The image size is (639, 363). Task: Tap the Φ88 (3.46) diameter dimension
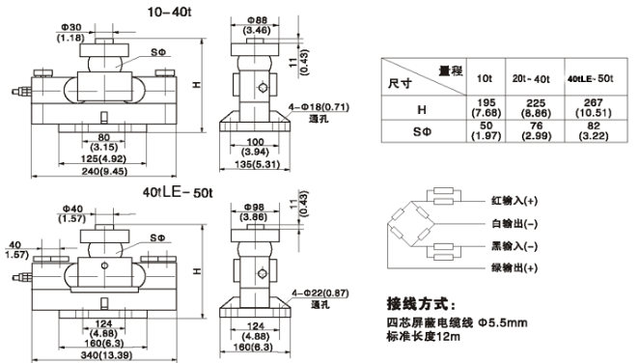pos(257,26)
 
